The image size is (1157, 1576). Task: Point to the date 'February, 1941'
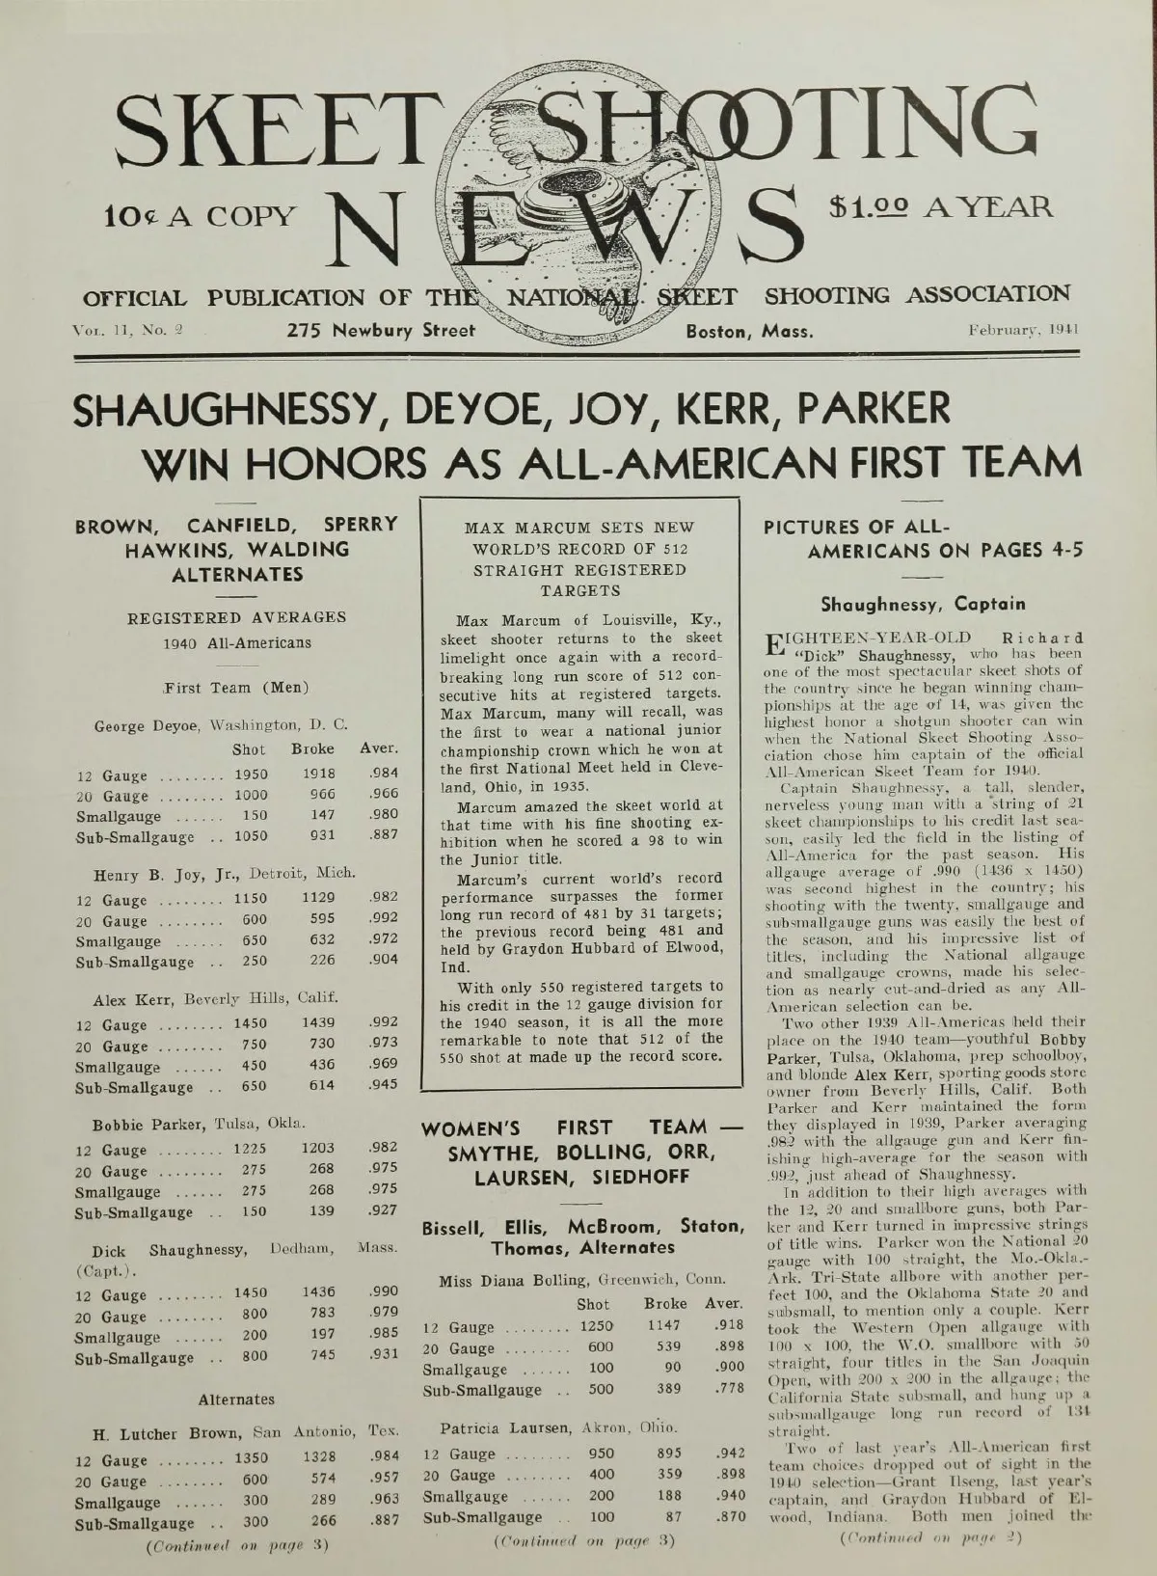point(1024,330)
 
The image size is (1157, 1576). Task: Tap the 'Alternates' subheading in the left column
point(236,1399)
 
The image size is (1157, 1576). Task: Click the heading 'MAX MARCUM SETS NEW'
point(578,528)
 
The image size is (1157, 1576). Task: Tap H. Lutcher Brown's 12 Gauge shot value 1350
point(250,1457)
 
